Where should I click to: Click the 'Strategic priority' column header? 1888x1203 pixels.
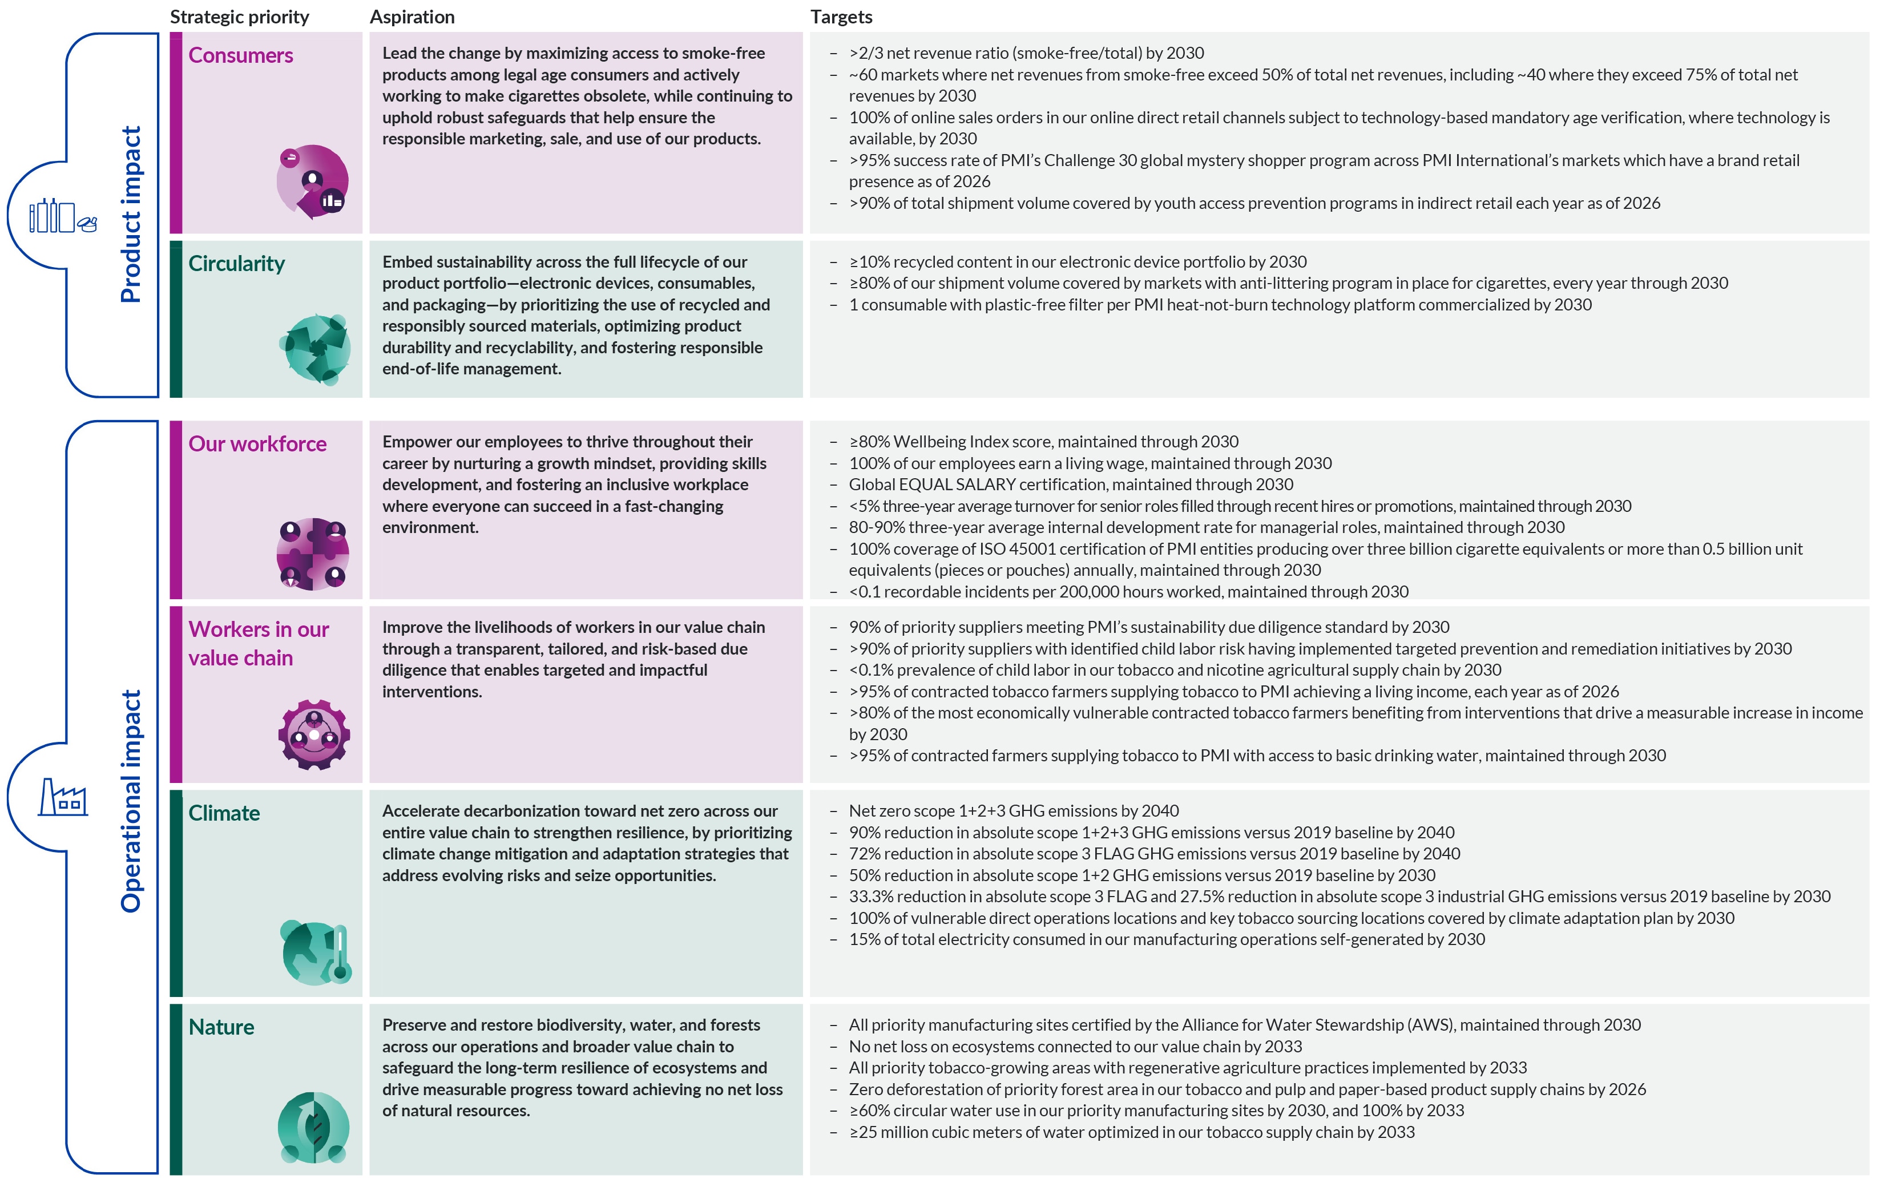pyautogui.click(x=239, y=17)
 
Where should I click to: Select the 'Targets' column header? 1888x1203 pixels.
pyautogui.click(x=841, y=17)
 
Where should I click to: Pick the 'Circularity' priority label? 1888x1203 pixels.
pyautogui.click(x=236, y=264)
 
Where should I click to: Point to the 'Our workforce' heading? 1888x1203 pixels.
pyautogui.click(x=257, y=444)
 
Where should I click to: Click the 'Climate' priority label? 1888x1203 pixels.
pyautogui.click(x=224, y=813)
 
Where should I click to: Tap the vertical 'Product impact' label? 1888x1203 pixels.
pyautogui.click(x=131, y=214)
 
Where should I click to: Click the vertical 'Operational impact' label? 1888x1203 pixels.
pyautogui.click(x=131, y=801)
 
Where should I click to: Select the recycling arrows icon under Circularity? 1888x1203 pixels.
pyautogui.click(x=314, y=349)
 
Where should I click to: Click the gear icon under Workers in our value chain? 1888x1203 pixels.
pyautogui.click(x=314, y=735)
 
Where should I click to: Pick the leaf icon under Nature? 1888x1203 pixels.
pyautogui.click(x=314, y=1127)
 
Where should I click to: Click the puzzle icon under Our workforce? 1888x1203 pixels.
pyautogui.click(x=313, y=554)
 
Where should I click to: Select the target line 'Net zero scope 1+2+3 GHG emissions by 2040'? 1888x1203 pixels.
pyautogui.click(x=1013, y=811)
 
